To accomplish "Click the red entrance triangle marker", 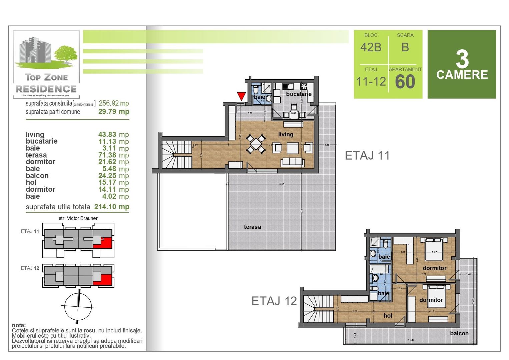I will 241,96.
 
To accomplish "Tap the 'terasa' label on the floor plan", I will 252,227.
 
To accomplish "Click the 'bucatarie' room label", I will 299,94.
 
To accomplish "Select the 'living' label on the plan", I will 286,134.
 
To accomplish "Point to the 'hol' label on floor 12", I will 388,316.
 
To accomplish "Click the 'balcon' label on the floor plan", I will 459,333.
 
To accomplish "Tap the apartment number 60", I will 405,82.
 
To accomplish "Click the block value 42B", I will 371,47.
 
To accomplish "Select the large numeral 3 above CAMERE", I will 462,59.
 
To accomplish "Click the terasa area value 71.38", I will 107,155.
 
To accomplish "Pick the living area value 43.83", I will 107,134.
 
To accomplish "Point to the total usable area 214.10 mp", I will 111,207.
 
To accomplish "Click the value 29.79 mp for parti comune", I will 113,112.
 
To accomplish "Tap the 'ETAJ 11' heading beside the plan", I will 367,156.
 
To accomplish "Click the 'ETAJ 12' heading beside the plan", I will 274,301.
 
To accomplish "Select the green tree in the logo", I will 66,53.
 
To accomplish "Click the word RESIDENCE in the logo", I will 46,89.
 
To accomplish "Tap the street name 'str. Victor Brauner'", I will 78,218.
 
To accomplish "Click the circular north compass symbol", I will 78,307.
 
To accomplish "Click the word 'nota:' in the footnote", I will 19,325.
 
